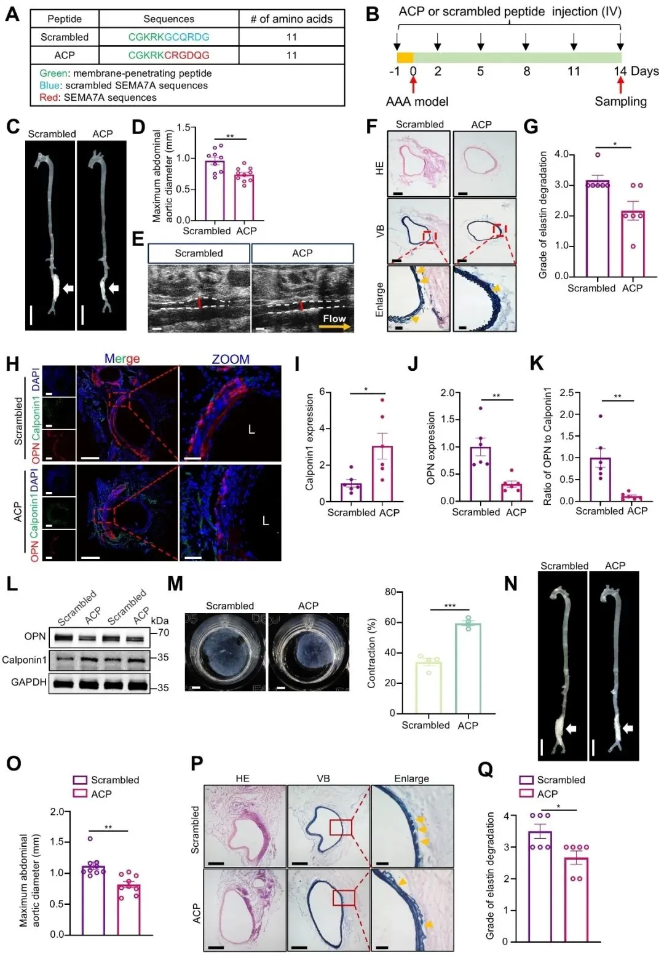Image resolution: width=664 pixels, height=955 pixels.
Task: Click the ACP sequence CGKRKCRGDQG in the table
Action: pyautogui.click(x=168, y=55)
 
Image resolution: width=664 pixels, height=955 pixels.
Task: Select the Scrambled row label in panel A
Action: pyautogui.click(x=64, y=37)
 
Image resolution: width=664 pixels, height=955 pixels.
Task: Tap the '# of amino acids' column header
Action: pyautogui.click(x=291, y=19)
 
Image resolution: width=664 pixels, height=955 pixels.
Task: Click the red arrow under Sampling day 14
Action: pyautogui.click(x=620, y=84)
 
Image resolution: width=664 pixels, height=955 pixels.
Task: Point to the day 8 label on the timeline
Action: pyautogui.click(x=526, y=71)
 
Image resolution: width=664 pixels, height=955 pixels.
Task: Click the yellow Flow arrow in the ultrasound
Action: pyautogui.click(x=334, y=327)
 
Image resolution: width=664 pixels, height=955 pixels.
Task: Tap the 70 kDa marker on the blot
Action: pyautogui.click(x=162, y=632)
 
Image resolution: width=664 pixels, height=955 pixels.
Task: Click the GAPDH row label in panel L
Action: pyautogui.click(x=29, y=682)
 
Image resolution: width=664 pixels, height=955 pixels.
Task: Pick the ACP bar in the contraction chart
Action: pyautogui.click(x=468, y=668)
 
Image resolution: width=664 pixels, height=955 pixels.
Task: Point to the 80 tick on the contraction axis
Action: pyautogui.click(x=390, y=592)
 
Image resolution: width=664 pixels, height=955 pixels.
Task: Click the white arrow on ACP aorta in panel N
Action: pyautogui.click(x=628, y=728)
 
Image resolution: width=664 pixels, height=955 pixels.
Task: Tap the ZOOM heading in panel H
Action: pyautogui.click(x=231, y=359)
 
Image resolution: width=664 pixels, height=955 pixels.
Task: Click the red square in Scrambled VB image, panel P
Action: pyautogui.click(x=341, y=827)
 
